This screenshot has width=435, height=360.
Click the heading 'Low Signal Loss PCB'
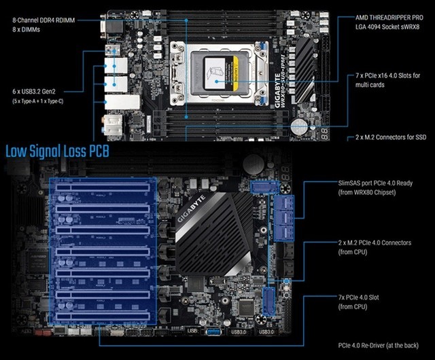[57, 151]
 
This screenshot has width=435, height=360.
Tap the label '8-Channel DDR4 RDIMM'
[43, 20]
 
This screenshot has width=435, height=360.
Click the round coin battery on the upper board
[300, 127]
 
